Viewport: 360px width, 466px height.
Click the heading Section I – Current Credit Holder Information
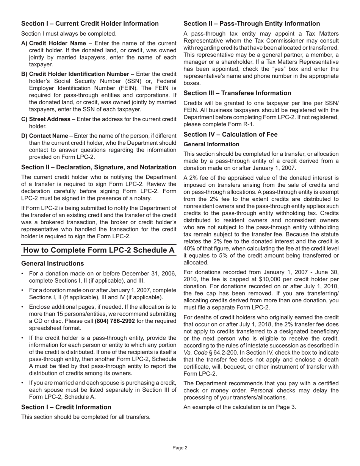90,23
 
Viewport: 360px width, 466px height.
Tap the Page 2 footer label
180,447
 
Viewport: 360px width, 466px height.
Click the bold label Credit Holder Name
58,43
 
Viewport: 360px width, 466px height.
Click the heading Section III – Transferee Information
237,93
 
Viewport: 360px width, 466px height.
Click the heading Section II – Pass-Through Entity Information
252,23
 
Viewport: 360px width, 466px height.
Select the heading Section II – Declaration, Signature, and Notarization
99,167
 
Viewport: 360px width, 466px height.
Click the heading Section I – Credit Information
66,407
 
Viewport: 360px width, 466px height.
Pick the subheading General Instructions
53,263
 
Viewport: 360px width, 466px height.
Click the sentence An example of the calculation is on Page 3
239,407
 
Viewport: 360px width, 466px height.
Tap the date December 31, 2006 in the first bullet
150,274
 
